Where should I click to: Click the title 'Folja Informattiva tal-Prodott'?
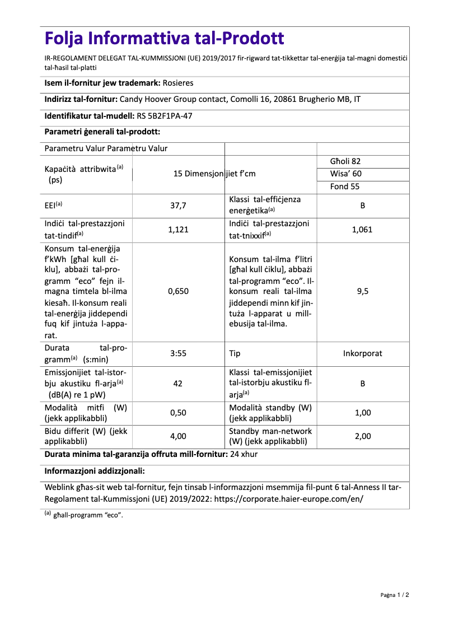click(x=164, y=39)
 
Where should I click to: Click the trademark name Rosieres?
click(x=177, y=83)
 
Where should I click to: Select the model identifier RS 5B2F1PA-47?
click(x=168, y=116)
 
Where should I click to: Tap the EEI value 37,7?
click(x=178, y=206)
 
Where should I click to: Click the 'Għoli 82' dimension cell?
click(x=345, y=161)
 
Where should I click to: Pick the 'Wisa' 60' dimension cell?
click(x=345, y=174)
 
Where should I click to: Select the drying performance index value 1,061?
click(x=362, y=230)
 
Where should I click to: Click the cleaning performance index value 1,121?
click(x=178, y=230)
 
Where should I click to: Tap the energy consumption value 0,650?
click(x=178, y=291)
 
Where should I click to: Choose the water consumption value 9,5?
click(x=362, y=291)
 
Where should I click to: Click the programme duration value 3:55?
click(x=178, y=353)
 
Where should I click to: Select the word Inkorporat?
click(x=362, y=353)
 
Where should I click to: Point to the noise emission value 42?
click(x=178, y=384)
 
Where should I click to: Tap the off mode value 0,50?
click(x=178, y=413)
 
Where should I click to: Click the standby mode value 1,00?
click(x=362, y=413)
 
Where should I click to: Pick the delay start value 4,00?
click(x=178, y=436)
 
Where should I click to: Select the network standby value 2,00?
click(x=362, y=436)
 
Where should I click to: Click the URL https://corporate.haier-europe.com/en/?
click(x=288, y=498)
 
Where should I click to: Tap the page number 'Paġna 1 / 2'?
click(x=395, y=595)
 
